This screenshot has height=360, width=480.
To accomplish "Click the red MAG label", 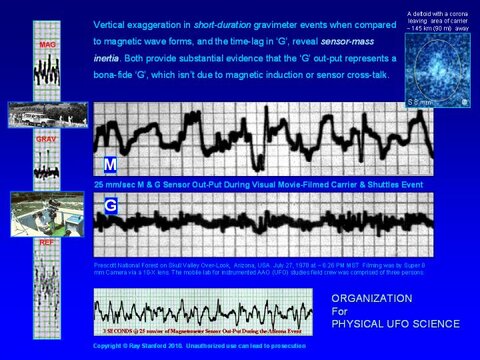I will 47,46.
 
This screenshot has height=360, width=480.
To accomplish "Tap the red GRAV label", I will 46,141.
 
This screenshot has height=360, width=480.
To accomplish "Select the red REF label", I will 46,243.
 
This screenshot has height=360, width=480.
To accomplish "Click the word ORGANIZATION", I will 372,297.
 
